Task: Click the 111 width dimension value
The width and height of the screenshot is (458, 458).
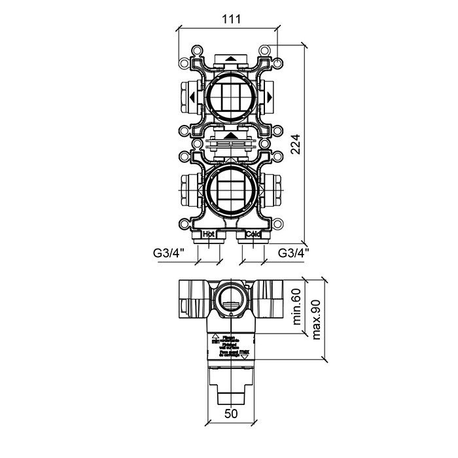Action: click(228, 19)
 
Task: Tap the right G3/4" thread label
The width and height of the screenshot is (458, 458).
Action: click(294, 252)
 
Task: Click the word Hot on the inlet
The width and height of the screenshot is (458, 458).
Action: click(209, 234)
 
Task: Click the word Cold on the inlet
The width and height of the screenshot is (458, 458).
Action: click(253, 234)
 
